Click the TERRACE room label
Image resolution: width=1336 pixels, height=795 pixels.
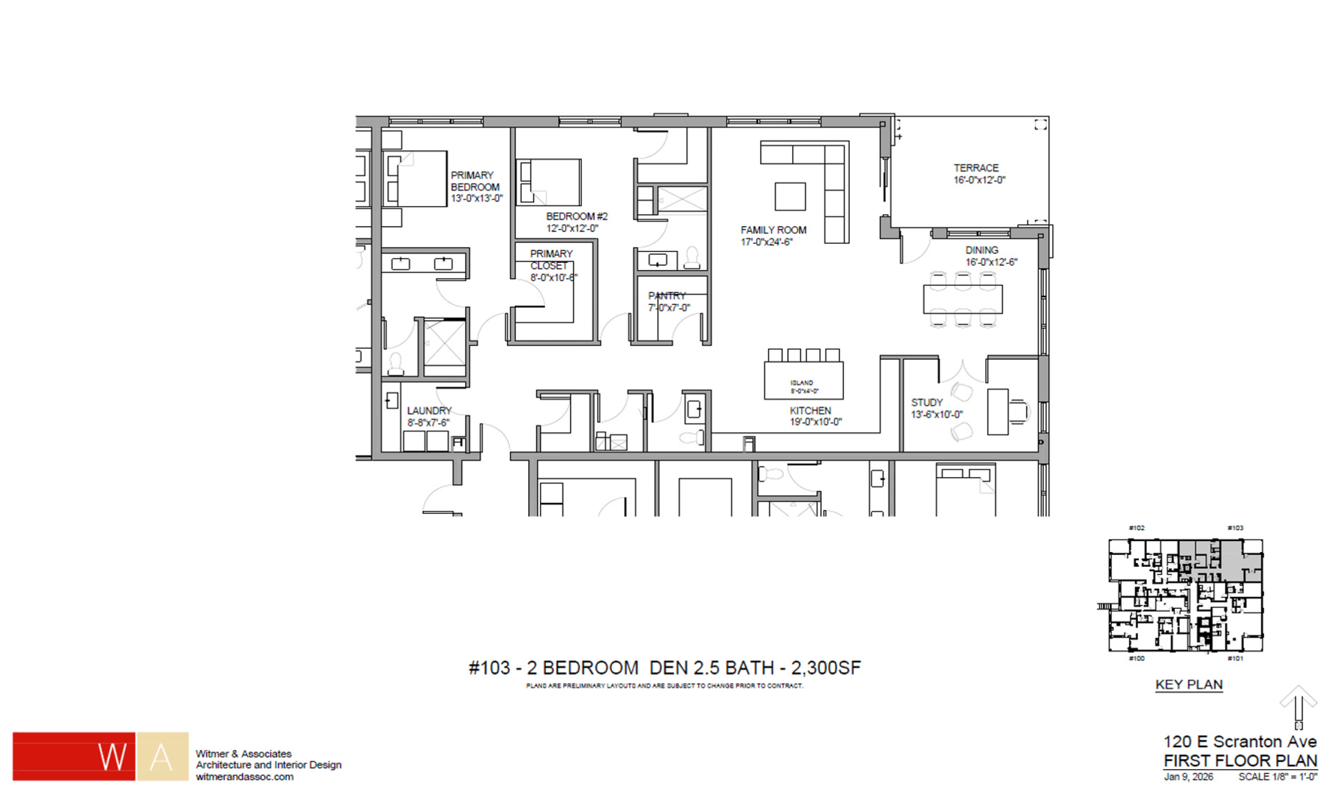tap(976, 168)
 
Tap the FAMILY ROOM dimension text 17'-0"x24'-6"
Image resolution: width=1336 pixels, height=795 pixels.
tap(767, 242)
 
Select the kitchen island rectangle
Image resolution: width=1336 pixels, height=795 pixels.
tap(803, 381)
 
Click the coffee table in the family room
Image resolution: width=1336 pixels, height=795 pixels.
tap(790, 197)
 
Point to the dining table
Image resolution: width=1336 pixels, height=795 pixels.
tap(962, 300)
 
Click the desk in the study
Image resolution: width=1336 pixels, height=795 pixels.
tap(998, 411)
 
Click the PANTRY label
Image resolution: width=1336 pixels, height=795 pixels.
tap(667, 296)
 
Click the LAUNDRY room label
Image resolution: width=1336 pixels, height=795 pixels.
tap(429, 411)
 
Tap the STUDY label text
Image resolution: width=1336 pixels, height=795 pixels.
tap(926, 403)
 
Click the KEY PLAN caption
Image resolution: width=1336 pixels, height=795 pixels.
tap(1189, 685)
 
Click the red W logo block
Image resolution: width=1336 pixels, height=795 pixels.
tap(74, 756)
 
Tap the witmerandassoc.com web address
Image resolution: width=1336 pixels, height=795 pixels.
tap(244, 777)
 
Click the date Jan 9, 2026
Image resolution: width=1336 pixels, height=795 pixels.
tap(1188, 777)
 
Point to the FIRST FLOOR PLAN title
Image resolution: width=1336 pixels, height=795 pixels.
tap(1240, 760)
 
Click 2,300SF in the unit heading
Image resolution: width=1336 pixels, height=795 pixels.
tap(825, 668)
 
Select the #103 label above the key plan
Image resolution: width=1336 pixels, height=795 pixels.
tap(1235, 528)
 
